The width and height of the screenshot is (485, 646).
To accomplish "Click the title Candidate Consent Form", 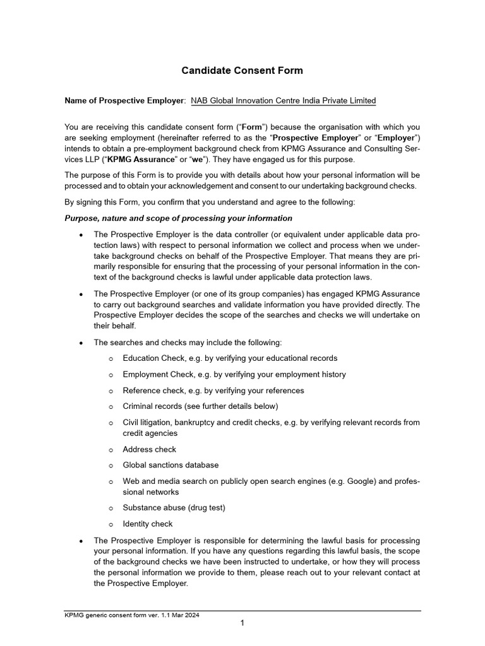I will (x=242, y=71).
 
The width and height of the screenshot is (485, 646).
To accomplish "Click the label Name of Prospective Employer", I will (x=124, y=101).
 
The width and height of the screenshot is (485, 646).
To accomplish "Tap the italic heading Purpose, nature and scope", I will (x=178, y=218).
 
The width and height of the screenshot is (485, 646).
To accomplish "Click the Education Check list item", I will (x=230, y=358).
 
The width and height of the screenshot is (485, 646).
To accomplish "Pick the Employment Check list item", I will (x=234, y=375).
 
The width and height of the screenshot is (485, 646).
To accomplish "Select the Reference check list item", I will (x=213, y=391).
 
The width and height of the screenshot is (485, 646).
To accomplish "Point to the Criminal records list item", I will (x=200, y=406).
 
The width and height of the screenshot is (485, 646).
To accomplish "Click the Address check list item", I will (x=150, y=449).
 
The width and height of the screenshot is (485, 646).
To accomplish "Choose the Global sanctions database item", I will (x=171, y=465).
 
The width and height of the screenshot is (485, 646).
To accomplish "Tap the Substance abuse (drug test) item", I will (x=174, y=508).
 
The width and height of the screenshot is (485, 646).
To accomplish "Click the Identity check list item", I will (x=148, y=524).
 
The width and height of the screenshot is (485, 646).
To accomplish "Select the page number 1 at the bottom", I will (x=242, y=623).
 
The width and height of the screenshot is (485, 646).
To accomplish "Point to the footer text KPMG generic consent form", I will (x=131, y=615).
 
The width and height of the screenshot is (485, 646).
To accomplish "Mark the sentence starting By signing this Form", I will (x=210, y=203).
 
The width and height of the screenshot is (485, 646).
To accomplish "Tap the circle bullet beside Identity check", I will (x=110, y=524).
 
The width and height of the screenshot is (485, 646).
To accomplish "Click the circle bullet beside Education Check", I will (x=110, y=359).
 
